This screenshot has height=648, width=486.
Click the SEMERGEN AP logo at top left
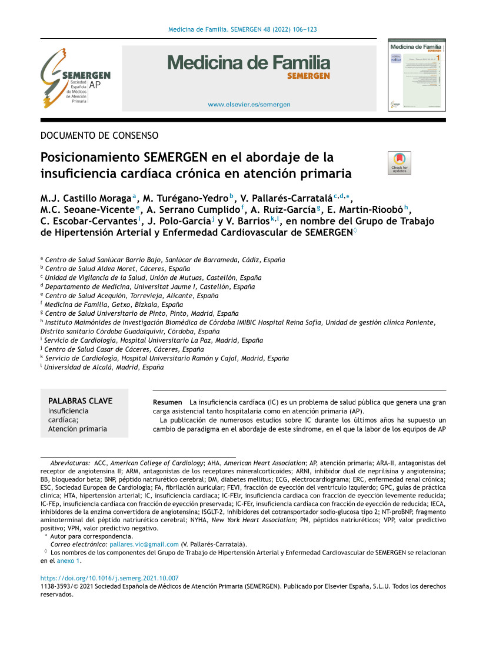click(75, 78)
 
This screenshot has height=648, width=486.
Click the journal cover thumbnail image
click(416, 75)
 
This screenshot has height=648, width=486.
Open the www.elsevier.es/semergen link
click(249, 105)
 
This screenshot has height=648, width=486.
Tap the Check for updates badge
click(400, 163)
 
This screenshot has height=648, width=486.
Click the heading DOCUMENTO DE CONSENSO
click(99, 136)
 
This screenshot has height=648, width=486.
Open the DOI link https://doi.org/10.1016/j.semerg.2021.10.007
click(109, 578)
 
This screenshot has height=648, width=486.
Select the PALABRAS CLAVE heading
click(80, 401)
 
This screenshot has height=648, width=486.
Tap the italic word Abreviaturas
click(70, 463)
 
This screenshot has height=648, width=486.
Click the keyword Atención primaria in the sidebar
click(77, 429)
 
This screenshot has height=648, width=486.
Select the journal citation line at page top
click(243, 29)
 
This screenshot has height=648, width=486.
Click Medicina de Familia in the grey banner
click(249, 63)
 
